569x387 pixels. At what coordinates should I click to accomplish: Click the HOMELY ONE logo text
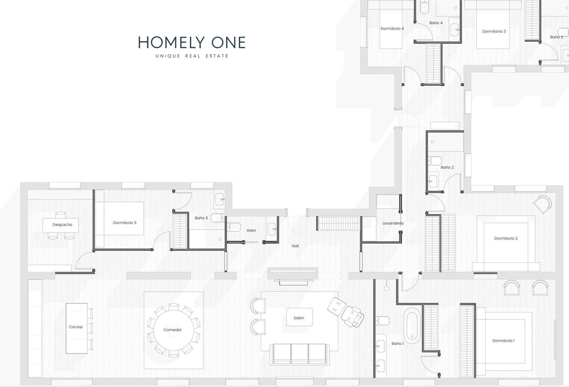[192, 42]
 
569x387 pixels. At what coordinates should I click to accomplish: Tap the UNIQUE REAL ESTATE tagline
[192, 56]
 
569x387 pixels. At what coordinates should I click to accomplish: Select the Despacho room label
[63, 225]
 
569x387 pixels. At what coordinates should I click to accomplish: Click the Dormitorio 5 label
[124, 223]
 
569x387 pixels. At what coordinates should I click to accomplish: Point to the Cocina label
[76, 327]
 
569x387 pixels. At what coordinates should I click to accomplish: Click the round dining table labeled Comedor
[173, 330]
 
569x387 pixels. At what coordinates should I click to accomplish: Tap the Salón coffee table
[299, 317]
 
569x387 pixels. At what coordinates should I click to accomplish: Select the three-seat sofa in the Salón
[299, 354]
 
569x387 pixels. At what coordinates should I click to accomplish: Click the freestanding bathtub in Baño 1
[412, 325]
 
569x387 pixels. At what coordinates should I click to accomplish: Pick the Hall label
[295, 246]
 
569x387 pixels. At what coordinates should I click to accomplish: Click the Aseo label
[251, 230]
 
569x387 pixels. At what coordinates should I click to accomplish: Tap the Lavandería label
[393, 223]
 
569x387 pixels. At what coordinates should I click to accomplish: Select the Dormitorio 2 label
[506, 238]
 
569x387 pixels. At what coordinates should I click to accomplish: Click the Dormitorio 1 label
[503, 340]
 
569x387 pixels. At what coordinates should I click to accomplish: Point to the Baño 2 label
[447, 167]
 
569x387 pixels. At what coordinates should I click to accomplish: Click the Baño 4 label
[436, 23]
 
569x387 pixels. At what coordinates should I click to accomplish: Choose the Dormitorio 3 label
[494, 31]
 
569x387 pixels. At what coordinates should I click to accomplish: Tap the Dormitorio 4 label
[392, 28]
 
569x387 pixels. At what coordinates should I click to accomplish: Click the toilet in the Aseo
[234, 227]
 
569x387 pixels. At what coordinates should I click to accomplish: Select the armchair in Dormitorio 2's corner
[543, 204]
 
